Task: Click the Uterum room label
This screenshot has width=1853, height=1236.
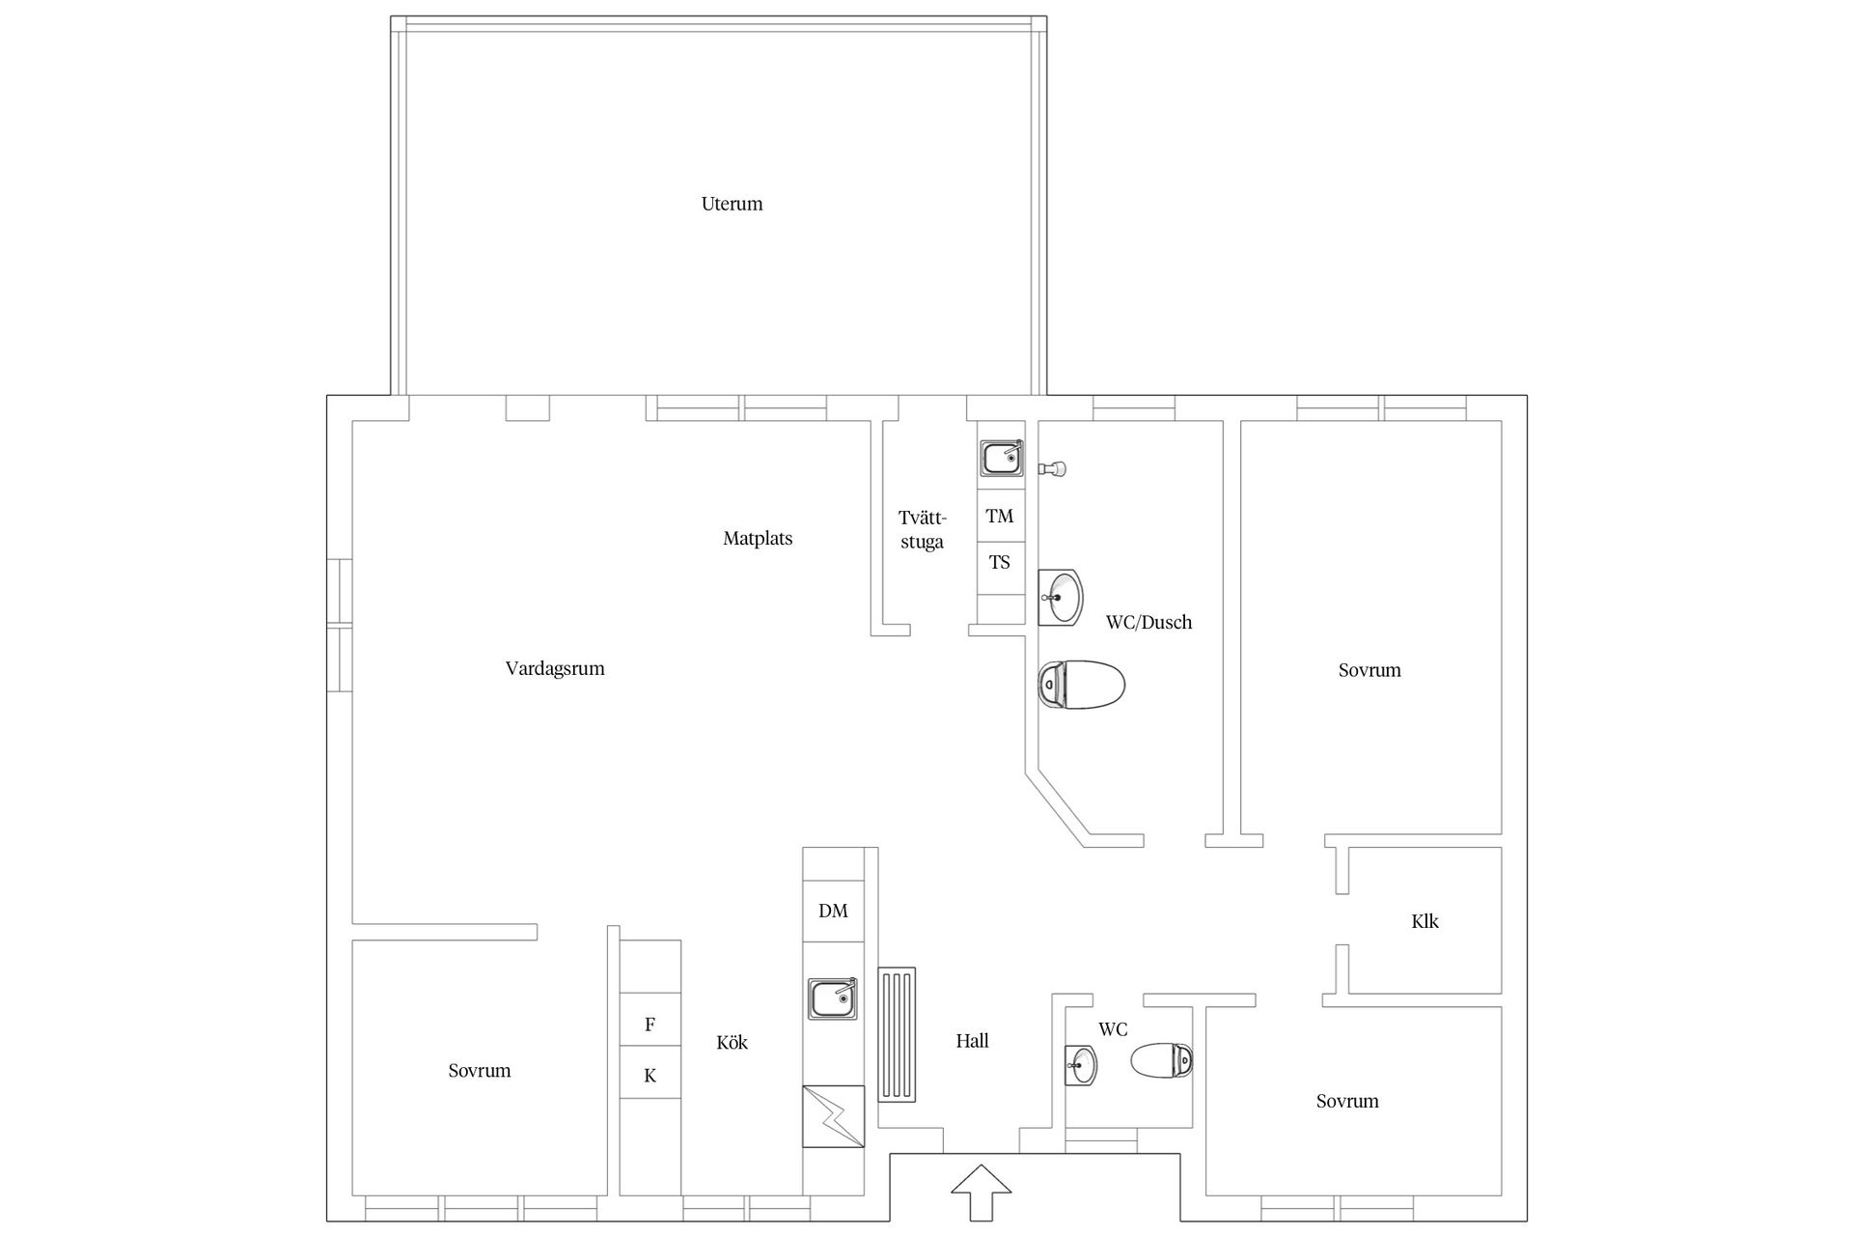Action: pos(732,204)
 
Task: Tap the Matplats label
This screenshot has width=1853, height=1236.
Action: pos(758,539)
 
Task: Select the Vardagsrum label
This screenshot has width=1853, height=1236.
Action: pos(555,668)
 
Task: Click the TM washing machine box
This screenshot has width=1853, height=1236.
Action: pos(1000,517)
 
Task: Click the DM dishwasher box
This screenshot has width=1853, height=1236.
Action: pos(833,911)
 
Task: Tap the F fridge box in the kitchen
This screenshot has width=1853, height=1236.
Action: pos(650,1025)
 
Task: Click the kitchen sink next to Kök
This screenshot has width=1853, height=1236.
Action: pos(832,998)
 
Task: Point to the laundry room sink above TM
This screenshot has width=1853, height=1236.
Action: pos(1002,458)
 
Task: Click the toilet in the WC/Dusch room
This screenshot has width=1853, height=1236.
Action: pos(1081,685)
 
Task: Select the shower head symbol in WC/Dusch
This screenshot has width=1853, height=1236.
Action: pos(1052,468)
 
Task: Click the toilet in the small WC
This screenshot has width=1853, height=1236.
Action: pos(1162,1061)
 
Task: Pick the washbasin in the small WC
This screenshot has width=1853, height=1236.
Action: pos(1081,1065)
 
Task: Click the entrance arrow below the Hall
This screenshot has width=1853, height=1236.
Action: pos(981,1193)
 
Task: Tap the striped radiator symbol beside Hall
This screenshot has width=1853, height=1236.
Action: pos(897,1034)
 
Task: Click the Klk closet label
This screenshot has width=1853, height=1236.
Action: pos(1424,921)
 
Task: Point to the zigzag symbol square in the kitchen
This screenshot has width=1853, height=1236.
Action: pos(833,1116)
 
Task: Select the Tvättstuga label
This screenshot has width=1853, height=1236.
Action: pos(922,529)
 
